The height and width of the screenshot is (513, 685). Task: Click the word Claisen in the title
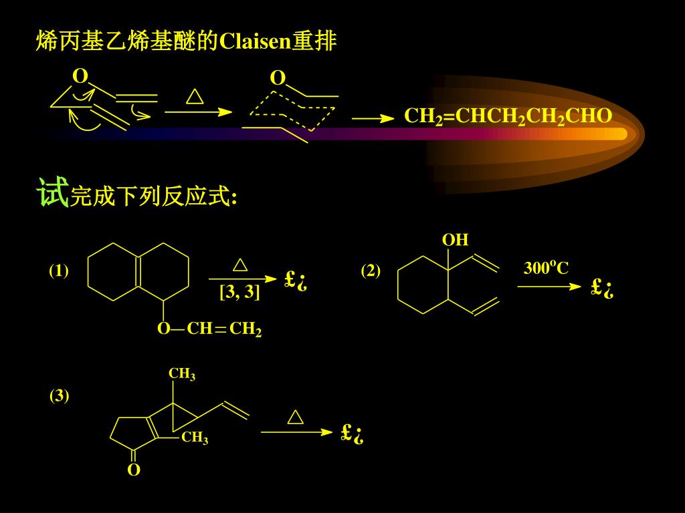(255, 42)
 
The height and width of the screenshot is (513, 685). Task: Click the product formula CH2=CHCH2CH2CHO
(508, 117)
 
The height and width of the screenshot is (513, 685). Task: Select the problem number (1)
(59, 271)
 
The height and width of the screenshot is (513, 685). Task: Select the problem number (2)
(371, 271)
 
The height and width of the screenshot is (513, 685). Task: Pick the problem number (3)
(59, 395)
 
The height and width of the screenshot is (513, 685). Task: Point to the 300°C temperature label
(546, 269)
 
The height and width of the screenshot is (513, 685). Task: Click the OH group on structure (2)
(455, 240)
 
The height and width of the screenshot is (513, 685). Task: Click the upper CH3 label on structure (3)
(182, 374)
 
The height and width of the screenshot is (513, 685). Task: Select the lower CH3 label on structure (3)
(195, 439)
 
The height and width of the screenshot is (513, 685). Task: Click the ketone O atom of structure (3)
(134, 470)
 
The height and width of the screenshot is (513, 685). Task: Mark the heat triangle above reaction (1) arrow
(240, 265)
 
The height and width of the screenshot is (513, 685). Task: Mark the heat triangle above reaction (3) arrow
(295, 417)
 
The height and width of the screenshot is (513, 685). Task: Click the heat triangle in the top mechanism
(195, 97)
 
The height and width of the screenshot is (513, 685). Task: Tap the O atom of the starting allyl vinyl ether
(80, 76)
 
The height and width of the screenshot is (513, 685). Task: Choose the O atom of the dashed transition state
(278, 79)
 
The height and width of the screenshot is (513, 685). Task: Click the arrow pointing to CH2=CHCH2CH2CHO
(373, 118)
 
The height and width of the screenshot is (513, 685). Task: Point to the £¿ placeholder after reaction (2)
(602, 288)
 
